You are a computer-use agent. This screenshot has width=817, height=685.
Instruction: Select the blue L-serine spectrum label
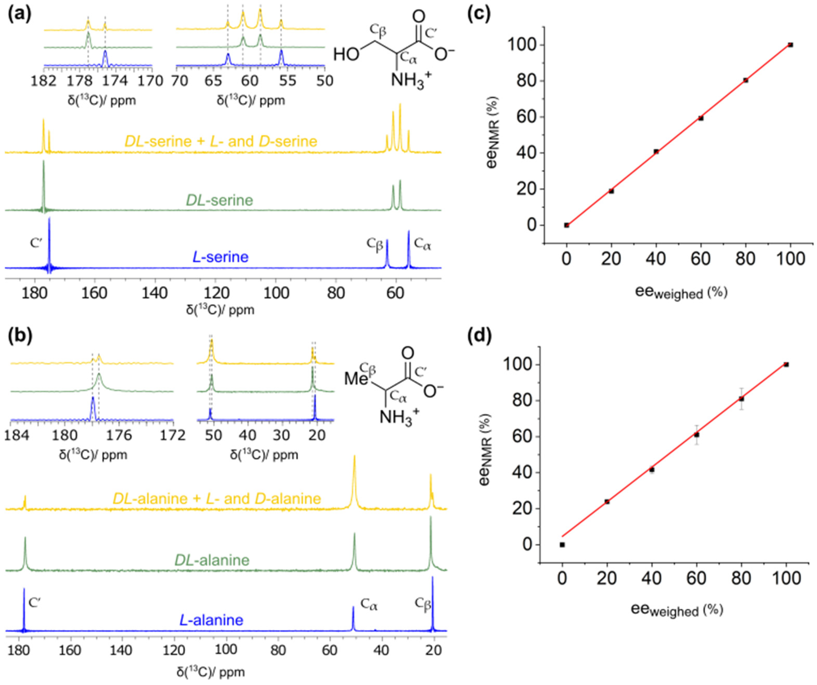pos(221,257)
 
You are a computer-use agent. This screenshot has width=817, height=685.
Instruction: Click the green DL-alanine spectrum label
pos(212,560)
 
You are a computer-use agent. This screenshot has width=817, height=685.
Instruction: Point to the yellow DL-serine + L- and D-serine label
pos(221,141)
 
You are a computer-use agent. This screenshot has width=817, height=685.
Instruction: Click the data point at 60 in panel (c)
pos(701,118)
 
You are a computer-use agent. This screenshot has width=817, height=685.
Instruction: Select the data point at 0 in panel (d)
pos(562,545)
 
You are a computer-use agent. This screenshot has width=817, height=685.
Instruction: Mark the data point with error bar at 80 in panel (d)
pos(742,399)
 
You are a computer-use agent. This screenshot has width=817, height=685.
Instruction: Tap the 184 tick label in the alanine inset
pos(17,435)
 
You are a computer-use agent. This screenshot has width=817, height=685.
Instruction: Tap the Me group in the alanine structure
pos(356,379)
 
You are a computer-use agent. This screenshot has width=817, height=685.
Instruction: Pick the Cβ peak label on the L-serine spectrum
pos(374,245)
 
